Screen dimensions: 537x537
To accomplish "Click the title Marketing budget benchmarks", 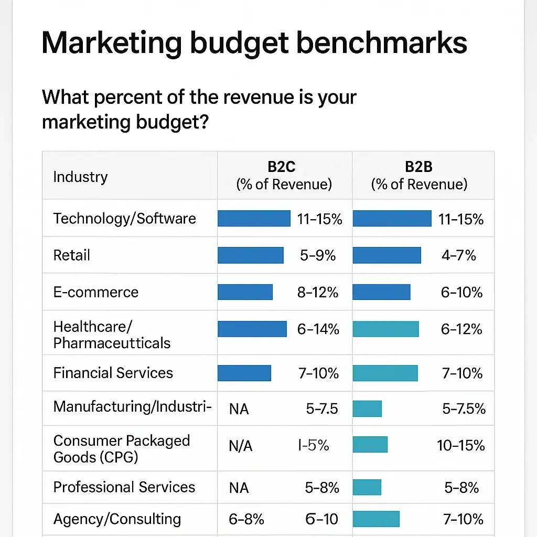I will coord(254,43).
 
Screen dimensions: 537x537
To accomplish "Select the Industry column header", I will coord(80,177).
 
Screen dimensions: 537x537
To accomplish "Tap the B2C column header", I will coord(284,175).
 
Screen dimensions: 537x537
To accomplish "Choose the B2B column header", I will coord(419,175).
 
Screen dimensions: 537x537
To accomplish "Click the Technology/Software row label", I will coord(124,219).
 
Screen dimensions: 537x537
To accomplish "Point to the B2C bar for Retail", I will coord(250,255).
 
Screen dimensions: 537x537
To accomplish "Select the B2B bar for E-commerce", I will coord(381,292).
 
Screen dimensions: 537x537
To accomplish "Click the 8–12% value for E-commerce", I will coord(318,293).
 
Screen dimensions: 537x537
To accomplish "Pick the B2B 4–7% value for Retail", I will coord(458,255).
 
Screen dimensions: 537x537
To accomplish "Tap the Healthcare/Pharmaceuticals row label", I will coord(112,335).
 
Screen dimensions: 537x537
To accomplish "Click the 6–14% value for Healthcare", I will coord(318,329).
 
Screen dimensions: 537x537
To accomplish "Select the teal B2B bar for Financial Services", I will coord(385,373).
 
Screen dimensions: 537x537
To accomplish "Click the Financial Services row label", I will coord(113,373).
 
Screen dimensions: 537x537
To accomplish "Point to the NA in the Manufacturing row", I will coord(239,409).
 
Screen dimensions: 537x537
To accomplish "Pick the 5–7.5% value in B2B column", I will coord(464,409).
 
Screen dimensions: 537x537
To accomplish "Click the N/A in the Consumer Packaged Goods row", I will coord(240,446).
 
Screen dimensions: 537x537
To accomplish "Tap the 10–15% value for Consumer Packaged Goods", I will coord(460,446).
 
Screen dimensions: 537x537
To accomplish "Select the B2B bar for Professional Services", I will coord(367,487).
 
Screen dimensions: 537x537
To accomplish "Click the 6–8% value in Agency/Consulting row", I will coord(246,519).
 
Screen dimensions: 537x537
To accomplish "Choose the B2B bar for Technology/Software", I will coord(392,219).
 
